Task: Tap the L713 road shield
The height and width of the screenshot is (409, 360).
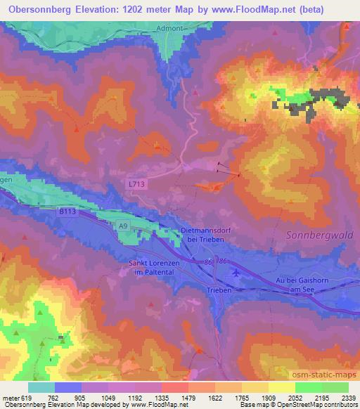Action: click(x=137, y=183)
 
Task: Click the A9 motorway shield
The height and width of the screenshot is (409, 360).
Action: click(x=122, y=226)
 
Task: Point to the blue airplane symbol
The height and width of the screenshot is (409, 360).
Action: click(x=235, y=271)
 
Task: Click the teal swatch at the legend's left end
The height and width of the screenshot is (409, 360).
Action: click(x=42, y=387)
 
